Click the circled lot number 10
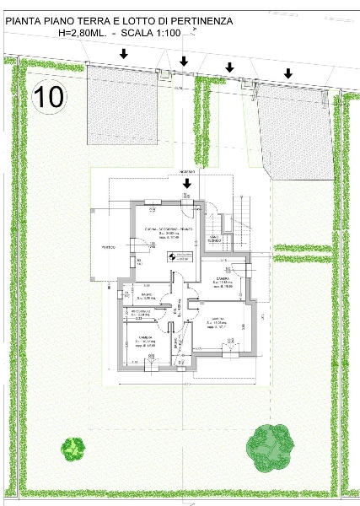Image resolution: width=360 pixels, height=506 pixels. [49, 95]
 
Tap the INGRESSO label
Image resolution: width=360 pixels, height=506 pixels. [187, 170]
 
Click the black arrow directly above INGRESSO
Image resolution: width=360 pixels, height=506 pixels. [187, 181]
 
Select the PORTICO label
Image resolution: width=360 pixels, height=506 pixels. [109, 247]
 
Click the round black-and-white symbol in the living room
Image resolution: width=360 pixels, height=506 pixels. [171, 257]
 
